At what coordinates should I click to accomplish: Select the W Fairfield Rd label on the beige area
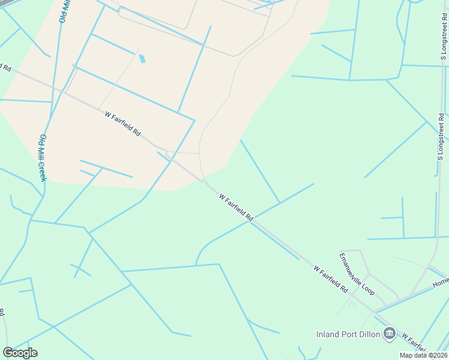122,122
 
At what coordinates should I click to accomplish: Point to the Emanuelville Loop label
357,274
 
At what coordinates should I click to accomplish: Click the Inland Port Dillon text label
348,334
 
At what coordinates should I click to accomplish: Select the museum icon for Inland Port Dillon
390,333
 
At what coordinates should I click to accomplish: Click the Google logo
20,353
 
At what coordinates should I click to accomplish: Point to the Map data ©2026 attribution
424,355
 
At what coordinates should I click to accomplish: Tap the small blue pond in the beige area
142,59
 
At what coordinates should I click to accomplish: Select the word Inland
328,334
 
